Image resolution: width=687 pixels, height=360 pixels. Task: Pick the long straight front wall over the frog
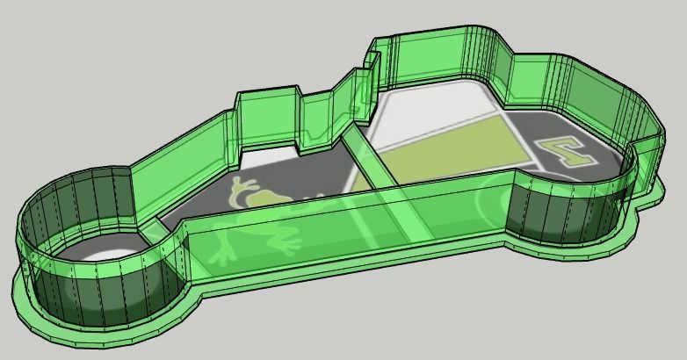(x=351, y=233)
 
